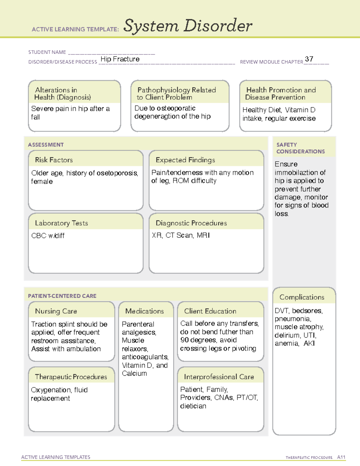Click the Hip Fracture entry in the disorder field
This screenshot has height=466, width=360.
click(x=120, y=59)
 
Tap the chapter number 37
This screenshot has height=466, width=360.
click(x=309, y=59)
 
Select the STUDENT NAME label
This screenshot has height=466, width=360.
click(x=47, y=52)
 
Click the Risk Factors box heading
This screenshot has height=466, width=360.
click(x=54, y=160)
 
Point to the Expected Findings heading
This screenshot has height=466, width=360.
click(x=185, y=160)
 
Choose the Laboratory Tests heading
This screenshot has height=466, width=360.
click(x=61, y=223)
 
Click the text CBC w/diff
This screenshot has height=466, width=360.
click(x=48, y=236)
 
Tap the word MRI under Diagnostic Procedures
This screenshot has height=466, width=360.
click(x=203, y=235)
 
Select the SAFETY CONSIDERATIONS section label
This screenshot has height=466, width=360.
click(x=300, y=148)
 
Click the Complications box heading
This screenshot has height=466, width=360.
click(x=302, y=297)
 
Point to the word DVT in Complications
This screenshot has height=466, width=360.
click(x=281, y=311)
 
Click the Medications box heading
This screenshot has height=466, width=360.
click(x=145, y=311)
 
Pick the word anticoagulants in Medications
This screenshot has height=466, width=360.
click(x=145, y=357)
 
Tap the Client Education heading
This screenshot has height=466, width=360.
click(x=210, y=311)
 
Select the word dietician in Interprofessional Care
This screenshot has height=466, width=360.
click(x=193, y=406)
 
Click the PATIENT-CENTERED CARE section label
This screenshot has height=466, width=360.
click(x=62, y=296)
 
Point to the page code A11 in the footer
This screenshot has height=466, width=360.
click(x=341, y=457)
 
